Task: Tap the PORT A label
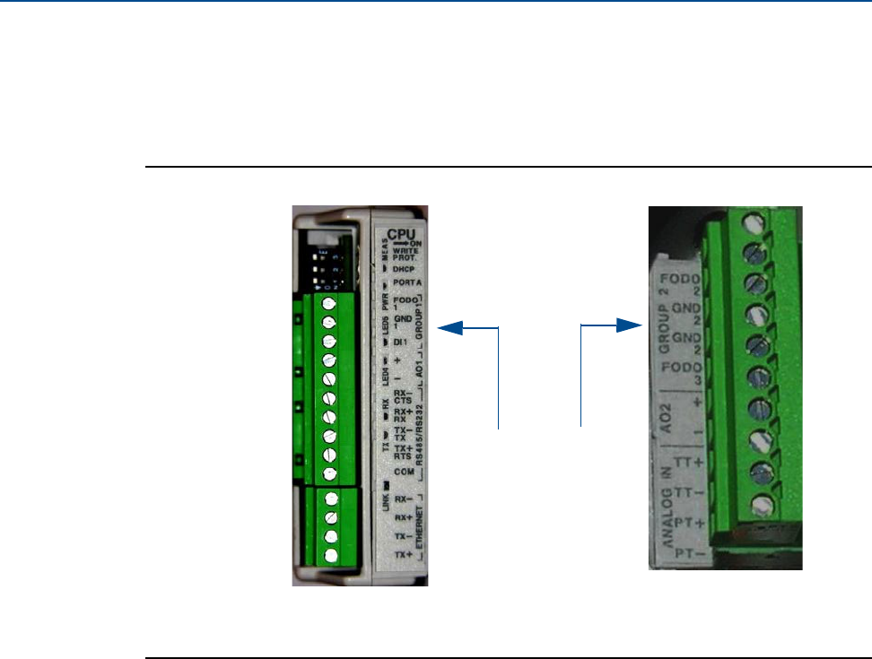[404, 282]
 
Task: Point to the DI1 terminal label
[400, 342]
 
